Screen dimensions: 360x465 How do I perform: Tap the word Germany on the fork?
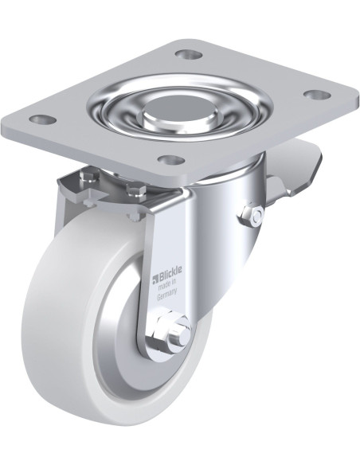167,294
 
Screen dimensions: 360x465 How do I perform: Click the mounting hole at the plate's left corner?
44,119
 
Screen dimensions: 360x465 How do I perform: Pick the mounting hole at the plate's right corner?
317,95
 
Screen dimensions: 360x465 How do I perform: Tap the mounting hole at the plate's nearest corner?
172,160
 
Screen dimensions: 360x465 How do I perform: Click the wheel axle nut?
162,329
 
